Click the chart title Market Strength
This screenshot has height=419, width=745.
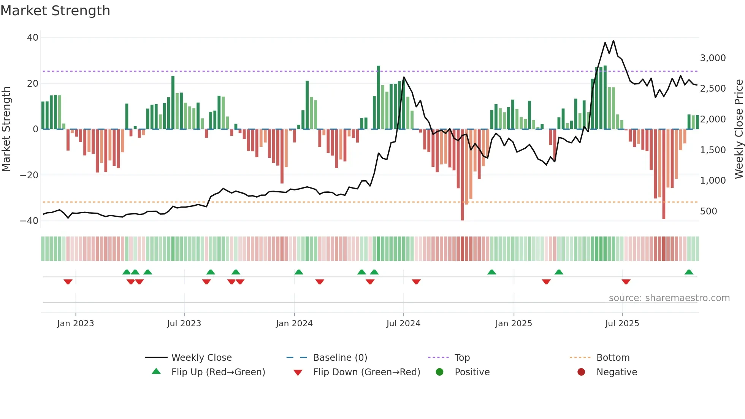[x=55, y=11]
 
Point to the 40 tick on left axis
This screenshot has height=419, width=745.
[x=33, y=38]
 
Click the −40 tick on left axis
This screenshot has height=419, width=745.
[x=29, y=221]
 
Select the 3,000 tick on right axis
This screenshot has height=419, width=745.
[x=713, y=58]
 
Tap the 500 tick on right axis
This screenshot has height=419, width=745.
[x=709, y=211]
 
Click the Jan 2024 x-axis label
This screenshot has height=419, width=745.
[x=294, y=324]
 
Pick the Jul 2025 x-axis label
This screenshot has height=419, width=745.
[x=622, y=324]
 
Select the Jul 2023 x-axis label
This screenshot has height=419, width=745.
[x=184, y=324]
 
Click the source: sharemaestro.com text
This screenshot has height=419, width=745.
[x=669, y=298]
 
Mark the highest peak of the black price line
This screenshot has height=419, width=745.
[x=613, y=41]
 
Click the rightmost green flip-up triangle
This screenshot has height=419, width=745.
[x=689, y=272]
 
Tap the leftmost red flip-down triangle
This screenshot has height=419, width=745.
[x=68, y=282]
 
